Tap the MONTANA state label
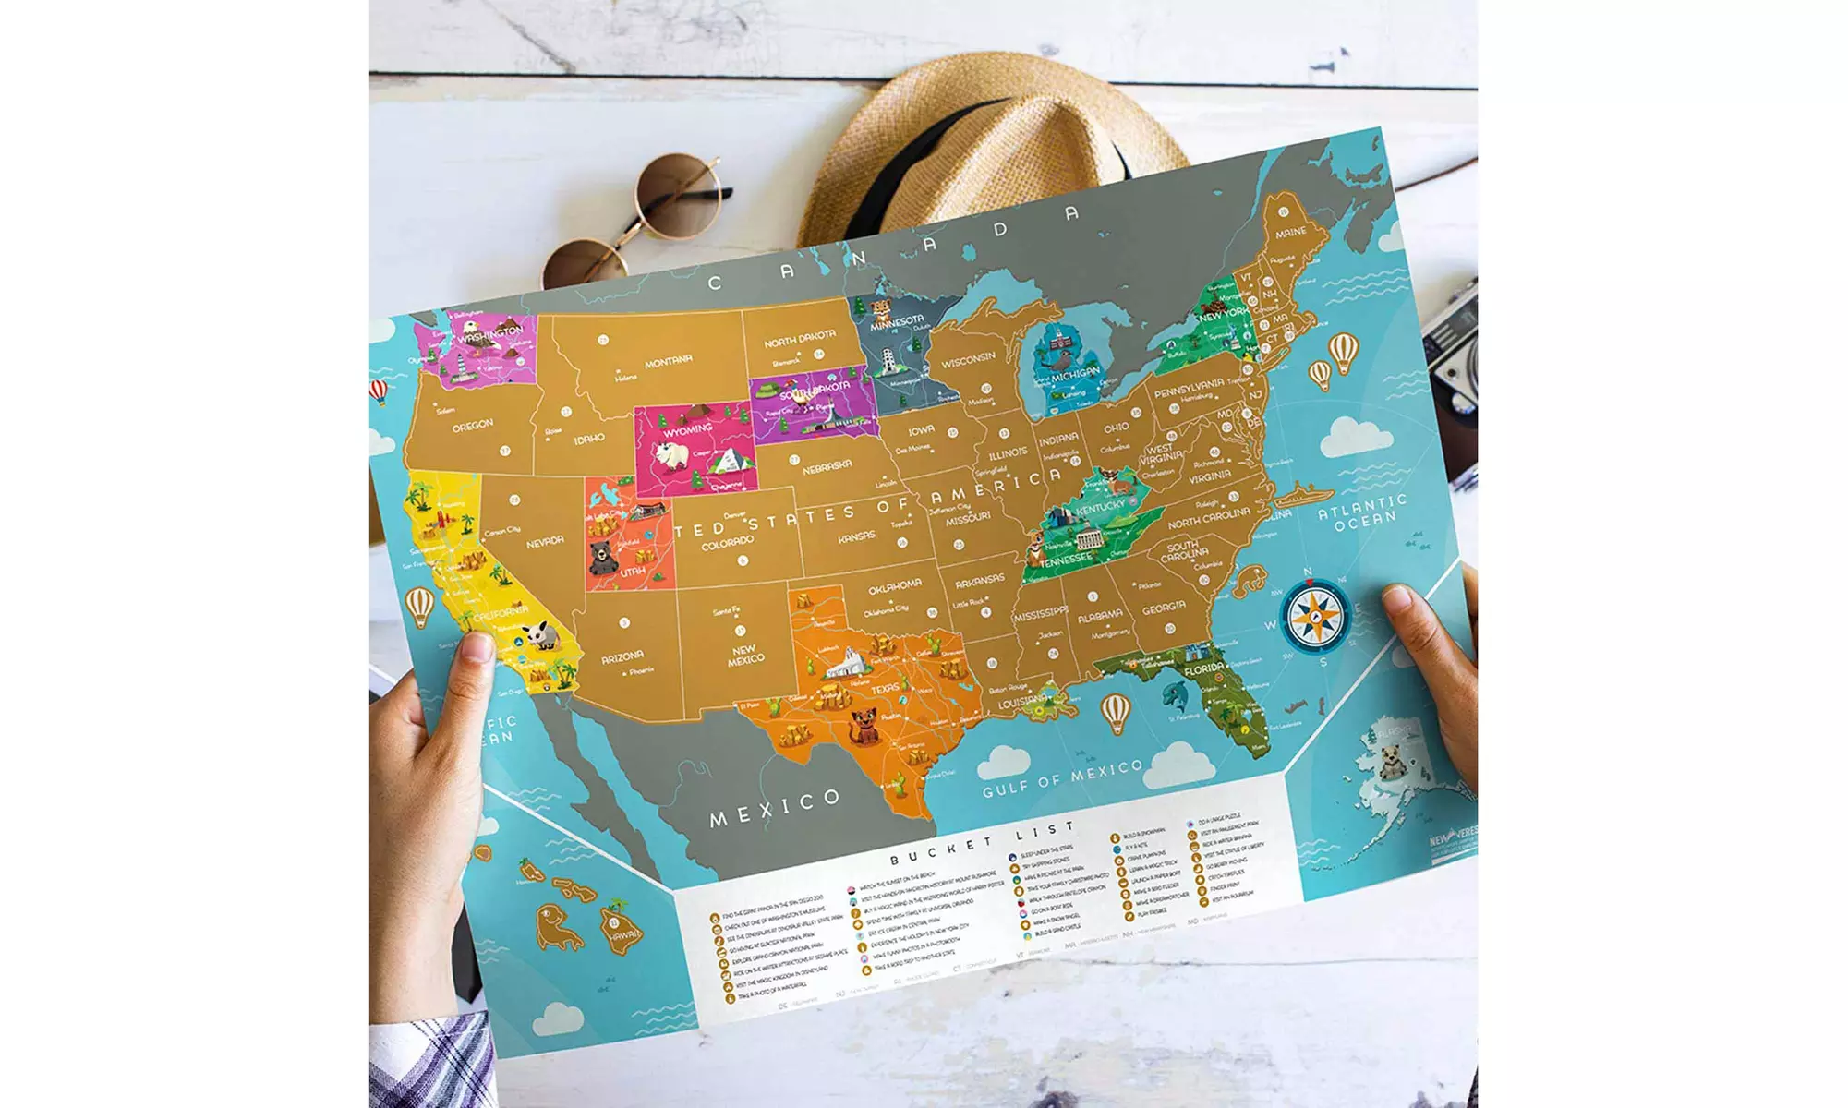tap(668, 361)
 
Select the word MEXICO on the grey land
tap(775, 808)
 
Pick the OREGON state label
tap(472, 426)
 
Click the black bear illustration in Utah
tap(603, 558)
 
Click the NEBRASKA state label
tap(827, 467)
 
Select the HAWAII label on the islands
tap(623, 936)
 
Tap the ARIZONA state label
tap(622, 657)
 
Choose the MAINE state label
tap(1290, 232)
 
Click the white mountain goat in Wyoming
tap(672, 455)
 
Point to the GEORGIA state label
tap(1164, 608)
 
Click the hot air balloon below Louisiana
tap(1116, 712)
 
